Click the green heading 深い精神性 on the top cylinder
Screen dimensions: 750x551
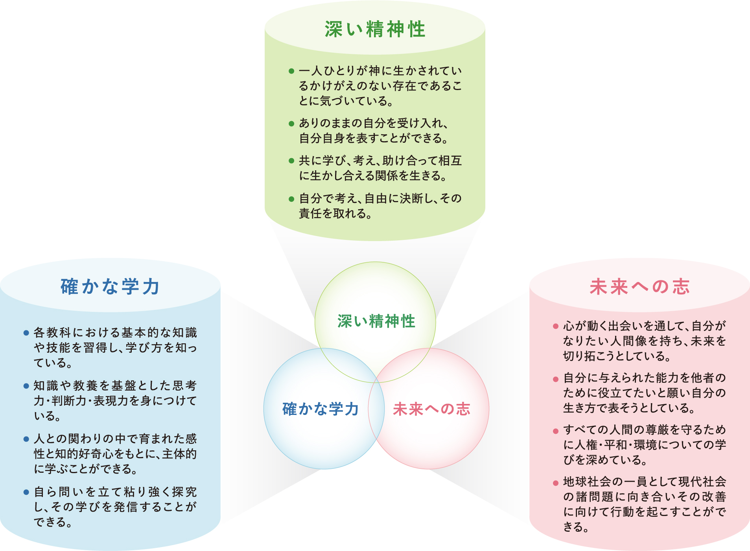pyautogui.click(x=375, y=29)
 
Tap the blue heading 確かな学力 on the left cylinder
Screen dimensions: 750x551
pyautogui.click(x=110, y=286)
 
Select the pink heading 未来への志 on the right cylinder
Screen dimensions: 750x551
pyautogui.click(x=640, y=286)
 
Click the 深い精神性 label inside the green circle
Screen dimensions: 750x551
pyautogui.click(x=376, y=321)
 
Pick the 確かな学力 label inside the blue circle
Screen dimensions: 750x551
pyautogui.click(x=321, y=409)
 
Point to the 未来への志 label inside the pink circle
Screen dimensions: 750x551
pyautogui.click(x=431, y=409)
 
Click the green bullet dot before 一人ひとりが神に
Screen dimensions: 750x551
pyautogui.click(x=291, y=71)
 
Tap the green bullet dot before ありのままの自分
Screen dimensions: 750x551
pyautogui.click(x=291, y=123)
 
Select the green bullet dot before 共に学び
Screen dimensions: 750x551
pyautogui.click(x=291, y=161)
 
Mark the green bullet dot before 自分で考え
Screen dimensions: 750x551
pyautogui.click(x=291, y=199)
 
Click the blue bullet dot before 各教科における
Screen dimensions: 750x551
pyautogui.click(x=26, y=333)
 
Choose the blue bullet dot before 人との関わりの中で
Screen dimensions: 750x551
pyautogui.click(x=26, y=439)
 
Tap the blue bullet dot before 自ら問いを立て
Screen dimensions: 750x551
pyautogui.click(x=26, y=492)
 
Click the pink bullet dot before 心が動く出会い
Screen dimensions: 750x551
pyautogui.click(x=556, y=326)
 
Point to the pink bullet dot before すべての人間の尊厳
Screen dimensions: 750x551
pyautogui.click(x=556, y=431)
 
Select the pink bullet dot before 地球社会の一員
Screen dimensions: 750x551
pyautogui.click(x=556, y=483)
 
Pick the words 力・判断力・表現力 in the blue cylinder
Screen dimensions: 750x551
pyautogui.click(x=79, y=401)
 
